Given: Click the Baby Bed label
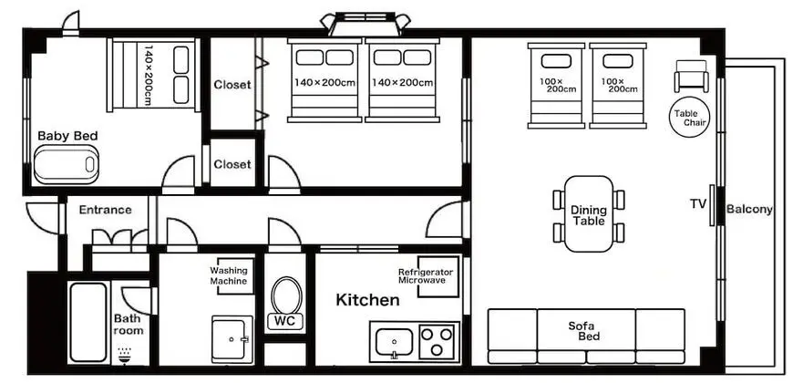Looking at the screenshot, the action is (x=67, y=136).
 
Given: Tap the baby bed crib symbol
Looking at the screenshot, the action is (x=66, y=164).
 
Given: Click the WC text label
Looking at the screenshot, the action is (x=286, y=322).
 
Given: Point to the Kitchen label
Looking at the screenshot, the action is (x=367, y=300).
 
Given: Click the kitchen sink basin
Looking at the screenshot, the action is (x=394, y=342).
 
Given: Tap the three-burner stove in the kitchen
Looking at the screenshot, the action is (x=438, y=342).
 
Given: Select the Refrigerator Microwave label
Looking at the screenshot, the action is (x=426, y=276).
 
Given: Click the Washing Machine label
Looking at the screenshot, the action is (x=229, y=275).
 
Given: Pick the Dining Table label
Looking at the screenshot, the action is (x=589, y=215).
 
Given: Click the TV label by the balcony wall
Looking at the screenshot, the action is (x=698, y=203).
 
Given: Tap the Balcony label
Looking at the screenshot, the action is (x=749, y=209).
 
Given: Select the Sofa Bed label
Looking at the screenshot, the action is (x=586, y=331).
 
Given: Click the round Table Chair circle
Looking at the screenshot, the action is (x=689, y=118).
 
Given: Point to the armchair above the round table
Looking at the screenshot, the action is (x=692, y=76).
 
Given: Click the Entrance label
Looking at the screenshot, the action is (x=105, y=210).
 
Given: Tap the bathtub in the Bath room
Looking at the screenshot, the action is (x=88, y=322).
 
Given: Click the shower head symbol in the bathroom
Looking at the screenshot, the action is (x=124, y=356).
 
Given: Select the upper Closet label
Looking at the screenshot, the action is (x=232, y=85).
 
